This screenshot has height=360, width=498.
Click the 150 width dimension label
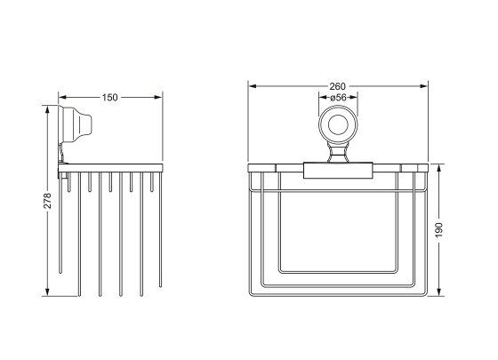pyautogui.click(x=111, y=96)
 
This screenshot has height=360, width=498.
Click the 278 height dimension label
pyautogui.click(x=47, y=202)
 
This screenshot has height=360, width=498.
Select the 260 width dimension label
pyautogui.click(x=338, y=86)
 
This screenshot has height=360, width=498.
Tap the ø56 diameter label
pyautogui.click(x=338, y=99)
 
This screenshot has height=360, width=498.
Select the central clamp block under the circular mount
pyautogui.click(x=337, y=168)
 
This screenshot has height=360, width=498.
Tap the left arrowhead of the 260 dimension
pyautogui.click(x=252, y=86)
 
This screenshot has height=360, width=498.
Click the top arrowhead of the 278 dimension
pyautogui.click(x=47, y=108)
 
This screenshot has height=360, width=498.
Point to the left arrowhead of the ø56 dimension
pyautogui.click(x=320, y=99)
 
